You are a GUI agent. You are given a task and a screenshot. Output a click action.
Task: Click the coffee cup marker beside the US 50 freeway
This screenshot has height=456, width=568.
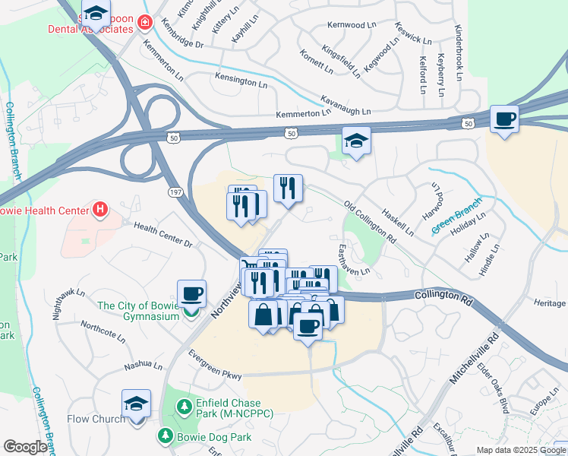tap(504, 119)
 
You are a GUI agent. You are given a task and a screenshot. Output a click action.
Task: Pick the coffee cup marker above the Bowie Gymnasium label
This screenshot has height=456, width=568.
tap(191, 293)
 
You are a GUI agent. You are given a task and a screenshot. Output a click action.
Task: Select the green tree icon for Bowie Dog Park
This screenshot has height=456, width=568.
tap(165, 435)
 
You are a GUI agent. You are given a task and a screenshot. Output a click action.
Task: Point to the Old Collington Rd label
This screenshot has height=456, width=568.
tap(370, 222)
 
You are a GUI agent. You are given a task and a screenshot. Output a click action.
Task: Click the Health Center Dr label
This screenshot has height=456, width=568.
tap(163, 234)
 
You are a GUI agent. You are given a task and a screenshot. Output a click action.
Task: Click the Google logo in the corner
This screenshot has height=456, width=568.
tap(25, 447)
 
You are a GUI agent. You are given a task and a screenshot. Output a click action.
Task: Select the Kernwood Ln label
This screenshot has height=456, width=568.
tap(351, 25)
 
